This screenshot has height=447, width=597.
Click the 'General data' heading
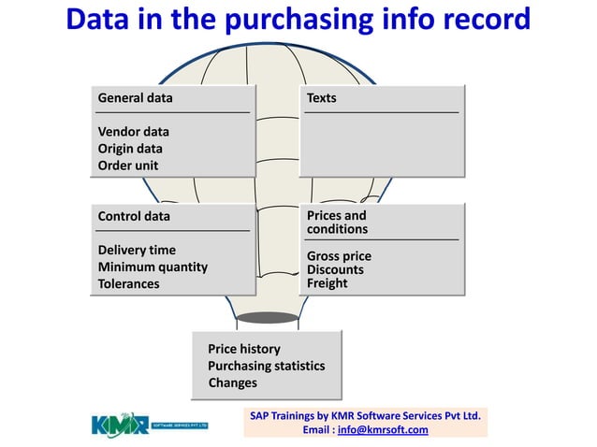[135, 97]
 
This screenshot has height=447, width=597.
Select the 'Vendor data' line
[133, 132]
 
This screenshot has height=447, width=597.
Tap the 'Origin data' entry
[130, 149]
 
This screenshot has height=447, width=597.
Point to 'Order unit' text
[128, 166]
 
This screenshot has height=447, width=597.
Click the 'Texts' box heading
[321, 97]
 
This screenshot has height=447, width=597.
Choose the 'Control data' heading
[134, 216]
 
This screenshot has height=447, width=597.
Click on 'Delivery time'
[137, 250]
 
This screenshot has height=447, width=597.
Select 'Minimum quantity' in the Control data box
[153, 267]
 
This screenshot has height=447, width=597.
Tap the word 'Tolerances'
[128, 283]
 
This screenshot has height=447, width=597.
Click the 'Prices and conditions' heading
[337, 223]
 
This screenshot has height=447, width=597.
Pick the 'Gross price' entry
[339, 256]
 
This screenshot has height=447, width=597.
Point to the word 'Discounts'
[335, 270]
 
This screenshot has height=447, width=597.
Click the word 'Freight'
[327, 283]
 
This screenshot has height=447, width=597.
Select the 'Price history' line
[243, 349]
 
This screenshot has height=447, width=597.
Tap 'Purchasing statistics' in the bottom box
[266, 366]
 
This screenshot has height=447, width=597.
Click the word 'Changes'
[232, 382]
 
